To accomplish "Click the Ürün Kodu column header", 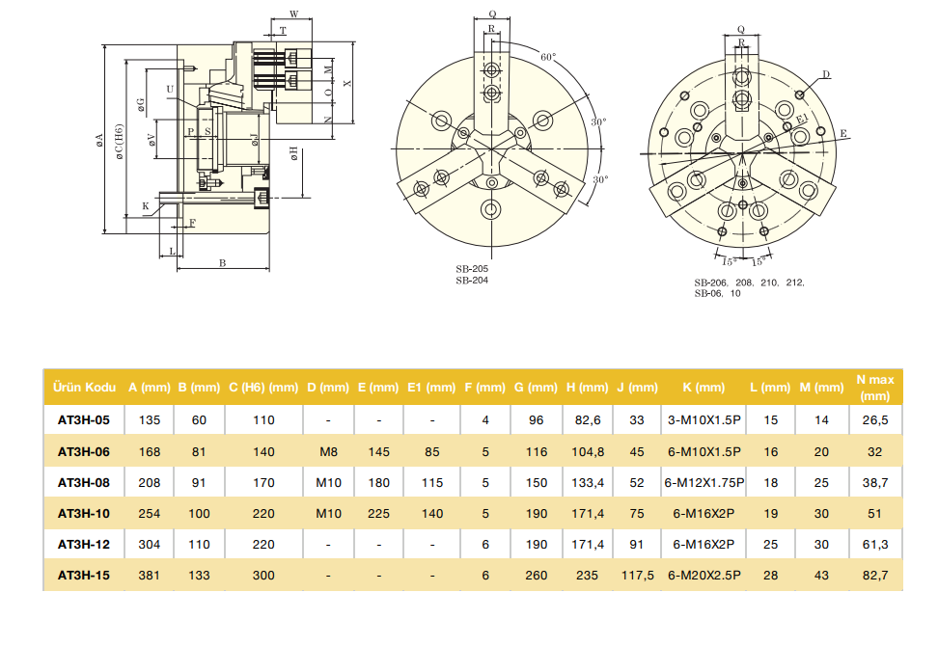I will pyautogui.click(x=86, y=388).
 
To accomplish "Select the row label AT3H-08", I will pyautogui.click(x=84, y=482).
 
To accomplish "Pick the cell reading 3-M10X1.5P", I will pyautogui.click(x=703, y=420).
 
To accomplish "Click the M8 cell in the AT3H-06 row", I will pyautogui.click(x=328, y=451).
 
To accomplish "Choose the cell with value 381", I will pyautogui.click(x=150, y=576).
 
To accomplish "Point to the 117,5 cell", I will pyautogui.click(x=637, y=576).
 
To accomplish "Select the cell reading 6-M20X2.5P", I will pyautogui.click(x=703, y=576).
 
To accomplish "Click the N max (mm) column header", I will pyautogui.click(x=874, y=388).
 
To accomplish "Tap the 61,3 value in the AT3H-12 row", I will pyautogui.click(x=874, y=545).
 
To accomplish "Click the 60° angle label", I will pyautogui.click(x=548, y=58).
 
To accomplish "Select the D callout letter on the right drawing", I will pyautogui.click(x=827, y=74).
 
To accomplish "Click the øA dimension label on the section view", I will pyautogui.click(x=99, y=142).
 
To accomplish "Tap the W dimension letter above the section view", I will pyautogui.click(x=293, y=15).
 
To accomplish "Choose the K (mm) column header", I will pyautogui.click(x=703, y=388).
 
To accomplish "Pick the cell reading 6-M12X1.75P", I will pyautogui.click(x=703, y=482).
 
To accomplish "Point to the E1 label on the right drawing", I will pyautogui.click(x=802, y=119).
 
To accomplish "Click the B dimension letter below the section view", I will pyautogui.click(x=222, y=262).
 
